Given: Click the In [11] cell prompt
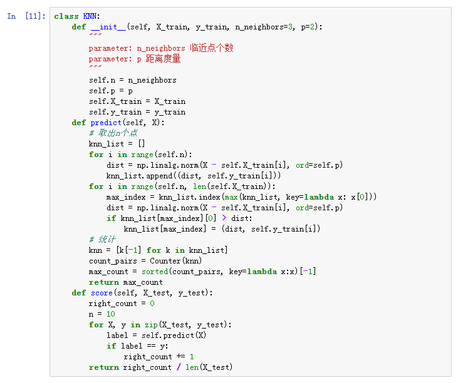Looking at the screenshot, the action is click(x=26, y=16).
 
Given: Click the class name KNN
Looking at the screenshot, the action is click(x=90, y=16).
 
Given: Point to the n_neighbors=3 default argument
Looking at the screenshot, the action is click(x=260, y=27).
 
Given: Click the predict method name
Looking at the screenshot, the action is click(x=106, y=123).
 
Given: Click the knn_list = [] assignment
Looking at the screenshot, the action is click(x=117, y=144).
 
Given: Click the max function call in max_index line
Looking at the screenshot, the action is click(x=229, y=197).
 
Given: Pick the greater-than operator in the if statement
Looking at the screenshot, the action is click(x=224, y=218).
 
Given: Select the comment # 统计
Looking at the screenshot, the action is click(x=102, y=240).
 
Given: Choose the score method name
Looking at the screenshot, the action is click(x=101, y=293).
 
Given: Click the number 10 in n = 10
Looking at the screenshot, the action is click(x=110, y=314).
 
